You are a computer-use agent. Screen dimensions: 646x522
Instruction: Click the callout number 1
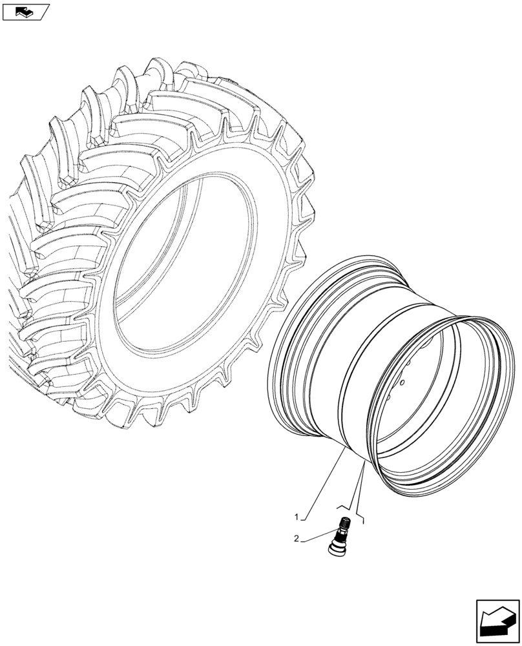click(x=297, y=517)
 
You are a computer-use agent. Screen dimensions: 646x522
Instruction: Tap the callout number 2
click(x=297, y=538)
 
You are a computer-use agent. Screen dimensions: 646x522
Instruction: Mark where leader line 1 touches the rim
click(x=344, y=452)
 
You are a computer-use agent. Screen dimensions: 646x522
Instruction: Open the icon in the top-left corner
click(x=26, y=11)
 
